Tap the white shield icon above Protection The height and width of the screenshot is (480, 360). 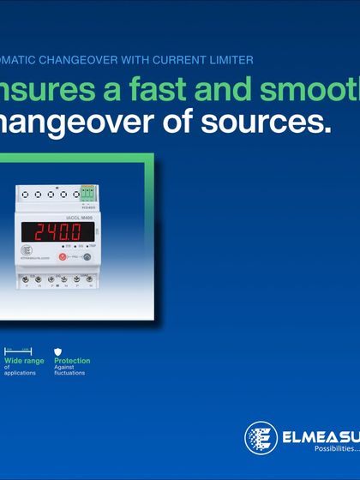[58, 351]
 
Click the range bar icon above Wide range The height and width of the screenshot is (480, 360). [18, 351]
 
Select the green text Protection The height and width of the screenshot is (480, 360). [72, 361]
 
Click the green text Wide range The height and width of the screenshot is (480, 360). [22, 361]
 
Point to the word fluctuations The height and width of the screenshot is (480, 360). [69, 373]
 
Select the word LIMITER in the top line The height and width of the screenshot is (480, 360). [233, 60]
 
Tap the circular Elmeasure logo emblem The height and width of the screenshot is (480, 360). [261, 438]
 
